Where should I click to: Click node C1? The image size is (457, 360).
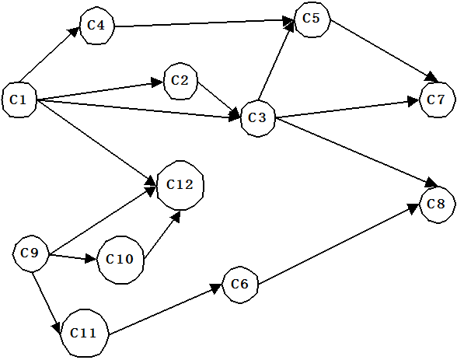19,100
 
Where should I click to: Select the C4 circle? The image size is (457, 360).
96,26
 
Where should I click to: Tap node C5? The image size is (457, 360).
312,19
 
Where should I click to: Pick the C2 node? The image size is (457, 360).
180,81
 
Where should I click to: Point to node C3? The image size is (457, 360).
258,118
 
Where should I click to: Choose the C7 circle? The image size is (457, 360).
437,100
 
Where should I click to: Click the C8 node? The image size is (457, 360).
437,204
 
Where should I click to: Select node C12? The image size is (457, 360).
180,185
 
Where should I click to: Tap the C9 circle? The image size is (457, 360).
30,253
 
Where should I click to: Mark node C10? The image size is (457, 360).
120,260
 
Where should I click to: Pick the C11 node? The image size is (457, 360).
84,333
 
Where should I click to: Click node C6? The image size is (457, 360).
240,285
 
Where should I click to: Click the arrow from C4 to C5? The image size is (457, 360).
204,23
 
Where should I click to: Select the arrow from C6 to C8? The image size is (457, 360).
339,243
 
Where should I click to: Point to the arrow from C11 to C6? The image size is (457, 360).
165,309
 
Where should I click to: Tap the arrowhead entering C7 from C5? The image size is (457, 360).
432,78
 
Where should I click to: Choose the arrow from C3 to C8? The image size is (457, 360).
356,152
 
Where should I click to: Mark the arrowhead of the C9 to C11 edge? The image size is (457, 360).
57,327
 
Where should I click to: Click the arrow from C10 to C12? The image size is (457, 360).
162,235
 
